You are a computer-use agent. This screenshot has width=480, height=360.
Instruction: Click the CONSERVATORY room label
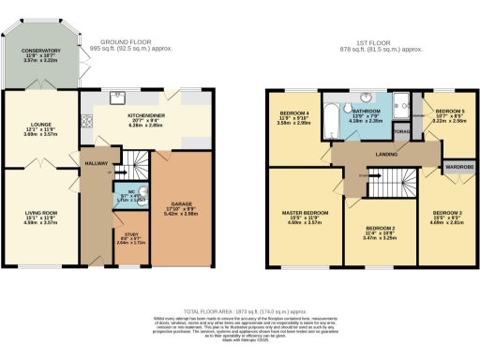point(40,52)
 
